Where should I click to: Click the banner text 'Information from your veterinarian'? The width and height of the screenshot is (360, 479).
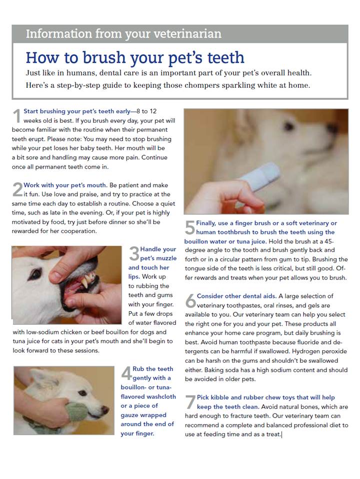(123, 34)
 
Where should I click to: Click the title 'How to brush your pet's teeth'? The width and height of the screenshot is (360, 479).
(135, 57)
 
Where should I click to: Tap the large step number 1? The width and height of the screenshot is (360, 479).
(17, 116)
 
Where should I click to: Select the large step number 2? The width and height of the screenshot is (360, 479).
(17, 190)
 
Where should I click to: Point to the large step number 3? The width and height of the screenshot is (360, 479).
(133, 253)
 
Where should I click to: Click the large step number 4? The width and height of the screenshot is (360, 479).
(126, 373)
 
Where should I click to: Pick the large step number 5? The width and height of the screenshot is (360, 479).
(189, 228)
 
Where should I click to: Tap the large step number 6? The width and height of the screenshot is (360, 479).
(190, 300)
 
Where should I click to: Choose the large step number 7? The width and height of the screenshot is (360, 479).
(190, 402)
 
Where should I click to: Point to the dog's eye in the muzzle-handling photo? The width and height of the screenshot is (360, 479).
(34, 274)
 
